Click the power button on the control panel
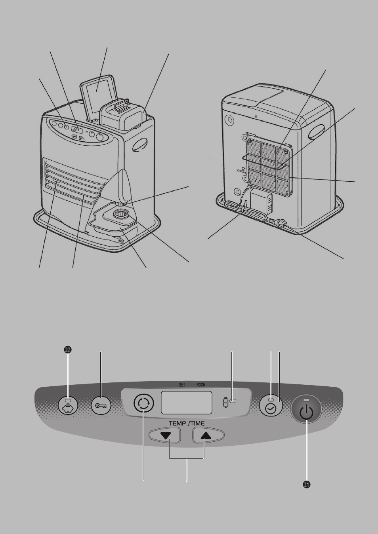point(306,409)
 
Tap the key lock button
point(101,405)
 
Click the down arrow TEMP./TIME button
point(164,435)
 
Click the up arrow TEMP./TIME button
point(208,435)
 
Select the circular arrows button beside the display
point(144,403)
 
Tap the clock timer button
point(271,406)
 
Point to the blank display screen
point(187,403)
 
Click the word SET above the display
point(182,385)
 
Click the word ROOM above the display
point(201,385)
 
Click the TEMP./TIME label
point(187,424)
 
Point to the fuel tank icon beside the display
point(225,402)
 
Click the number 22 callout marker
point(68,350)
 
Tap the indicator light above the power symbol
point(306,400)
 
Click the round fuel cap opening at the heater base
point(121,213)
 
